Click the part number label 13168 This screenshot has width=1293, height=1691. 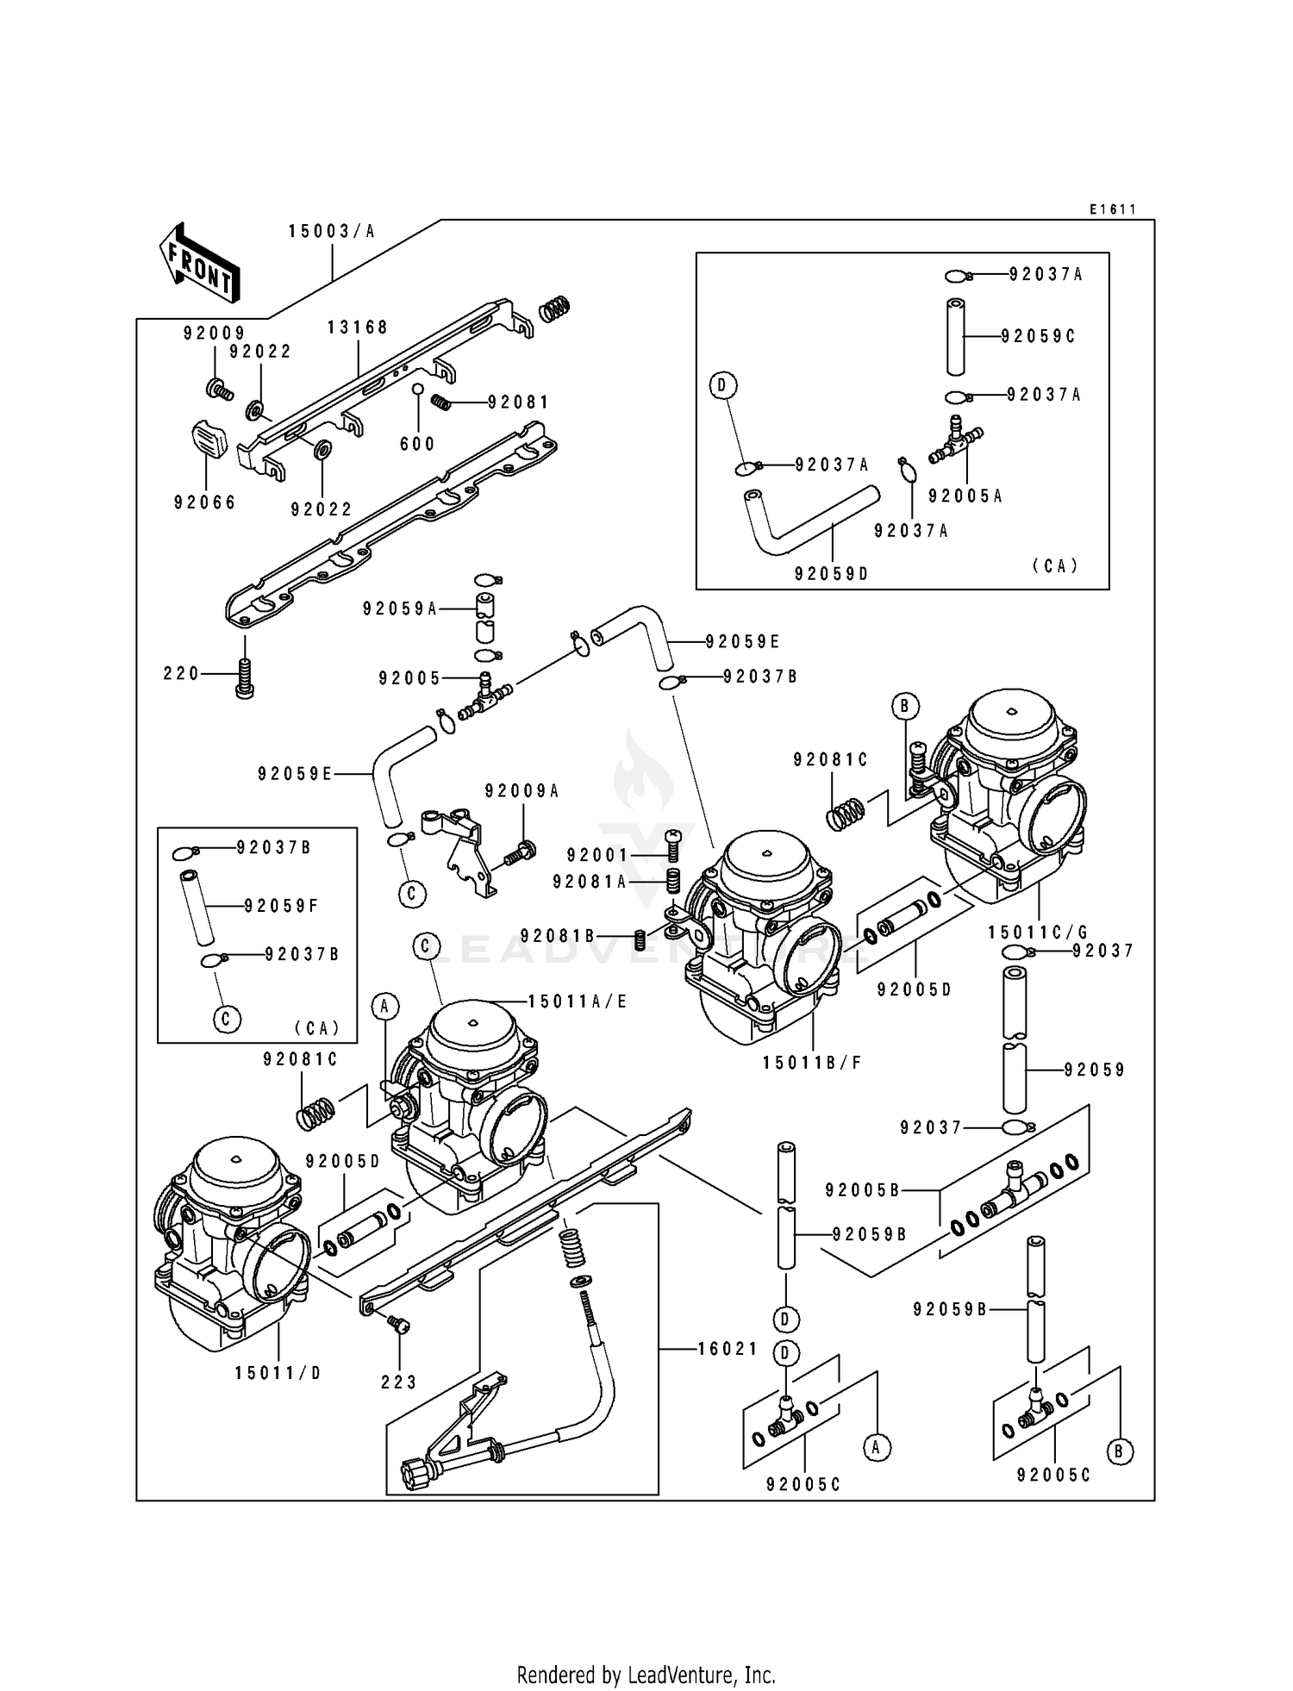click(357, 328)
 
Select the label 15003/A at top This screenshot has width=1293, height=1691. click(332, 231)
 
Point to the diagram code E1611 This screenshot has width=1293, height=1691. click(1112, 209)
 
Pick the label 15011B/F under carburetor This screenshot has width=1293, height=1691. click(812, 1063)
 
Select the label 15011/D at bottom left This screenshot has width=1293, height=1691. click(278, 1373)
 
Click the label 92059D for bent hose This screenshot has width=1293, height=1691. click(832, 573)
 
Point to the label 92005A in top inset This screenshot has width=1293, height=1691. click(965, 496)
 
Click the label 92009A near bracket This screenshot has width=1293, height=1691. click(522, 791)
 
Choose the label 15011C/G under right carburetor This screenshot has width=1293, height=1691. click(1037, 933)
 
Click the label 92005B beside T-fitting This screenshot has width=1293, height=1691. click(862, 1190)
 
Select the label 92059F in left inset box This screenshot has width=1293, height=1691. click(281, 906)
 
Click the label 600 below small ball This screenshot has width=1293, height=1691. click(417, 444)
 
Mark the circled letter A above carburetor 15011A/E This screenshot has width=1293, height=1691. click(385, 1005)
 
